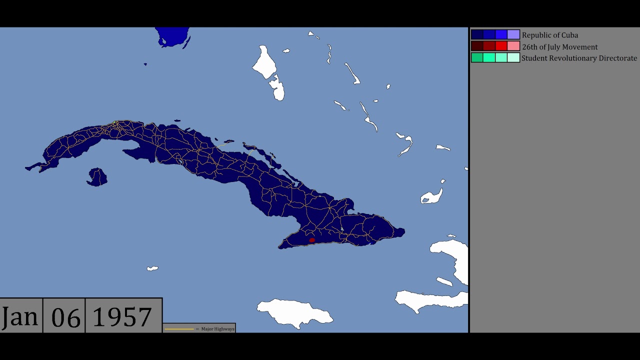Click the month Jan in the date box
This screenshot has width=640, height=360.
tap(20, 316)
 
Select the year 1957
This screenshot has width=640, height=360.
tap(122, 316)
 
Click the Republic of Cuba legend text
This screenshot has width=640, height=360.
tap(549, 35)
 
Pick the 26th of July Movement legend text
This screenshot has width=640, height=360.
tap(559, 47)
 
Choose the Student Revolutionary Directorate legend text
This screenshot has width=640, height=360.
tap(579, 58)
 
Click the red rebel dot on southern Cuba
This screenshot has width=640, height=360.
tap(312, 240)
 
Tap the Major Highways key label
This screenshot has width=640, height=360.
tap(217, 329)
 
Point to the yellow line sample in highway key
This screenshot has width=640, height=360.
tap(179, 329)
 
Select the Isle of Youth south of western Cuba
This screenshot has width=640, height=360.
tap(97, 176)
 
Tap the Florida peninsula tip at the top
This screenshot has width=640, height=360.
tap(172, 37)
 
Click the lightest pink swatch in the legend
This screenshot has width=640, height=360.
tap(513, 46)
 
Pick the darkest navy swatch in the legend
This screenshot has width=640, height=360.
tap(477, 34)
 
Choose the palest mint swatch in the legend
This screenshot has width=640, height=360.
tap(513, 57)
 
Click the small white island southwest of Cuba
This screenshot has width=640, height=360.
tap(152, 268)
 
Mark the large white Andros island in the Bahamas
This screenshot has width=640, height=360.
tap(263, 62)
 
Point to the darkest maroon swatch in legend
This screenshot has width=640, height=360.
tap(477, 46)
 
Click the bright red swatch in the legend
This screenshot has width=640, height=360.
tap(501, 46)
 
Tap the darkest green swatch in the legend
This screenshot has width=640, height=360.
tap(477, 57)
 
